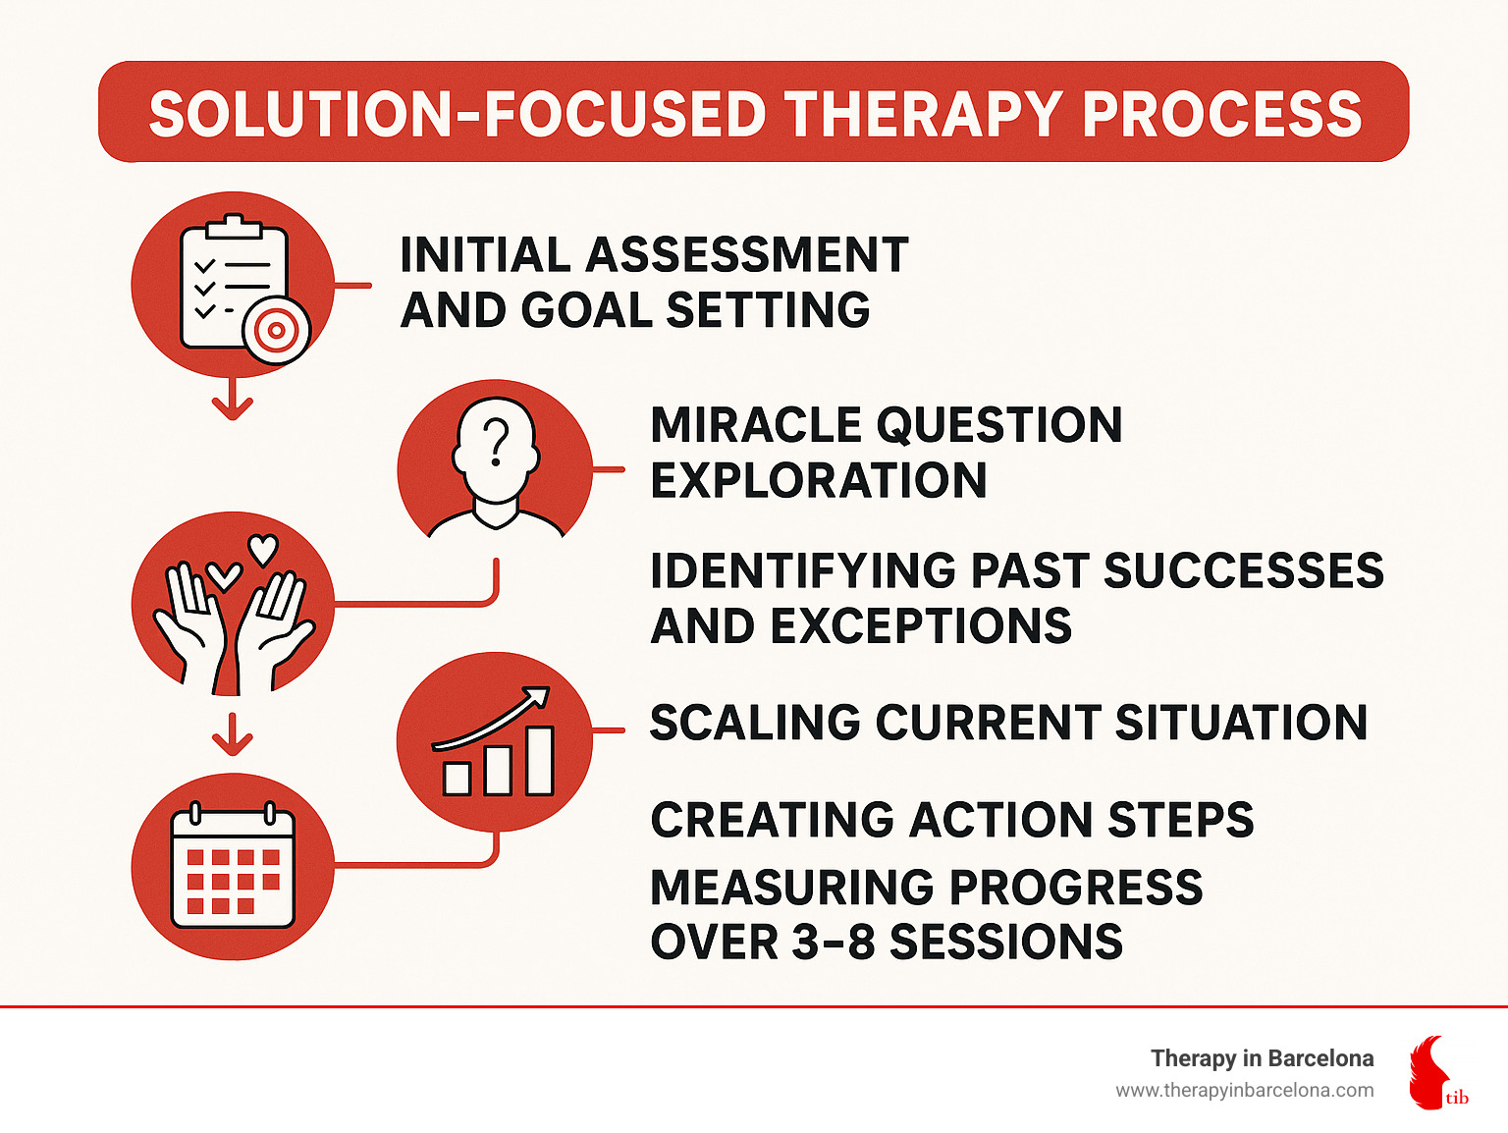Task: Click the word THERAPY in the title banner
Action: pos(924,115)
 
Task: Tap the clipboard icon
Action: pos(234,281)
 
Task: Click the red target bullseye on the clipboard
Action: pos(276,331)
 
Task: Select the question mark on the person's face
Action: pos(496,443)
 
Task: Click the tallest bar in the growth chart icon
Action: pos(540,761)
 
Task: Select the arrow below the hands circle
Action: pos(233,733)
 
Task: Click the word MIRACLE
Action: pos(756,424)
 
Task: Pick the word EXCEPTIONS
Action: pos(921,626)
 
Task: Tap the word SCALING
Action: pos(755,723)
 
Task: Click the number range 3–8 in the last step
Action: pos(834,942)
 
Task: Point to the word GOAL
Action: pos(586,309)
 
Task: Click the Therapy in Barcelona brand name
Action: pos(1262,1058)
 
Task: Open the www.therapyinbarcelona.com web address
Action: pos(1244,1091)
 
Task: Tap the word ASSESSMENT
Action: pos(747,255)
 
